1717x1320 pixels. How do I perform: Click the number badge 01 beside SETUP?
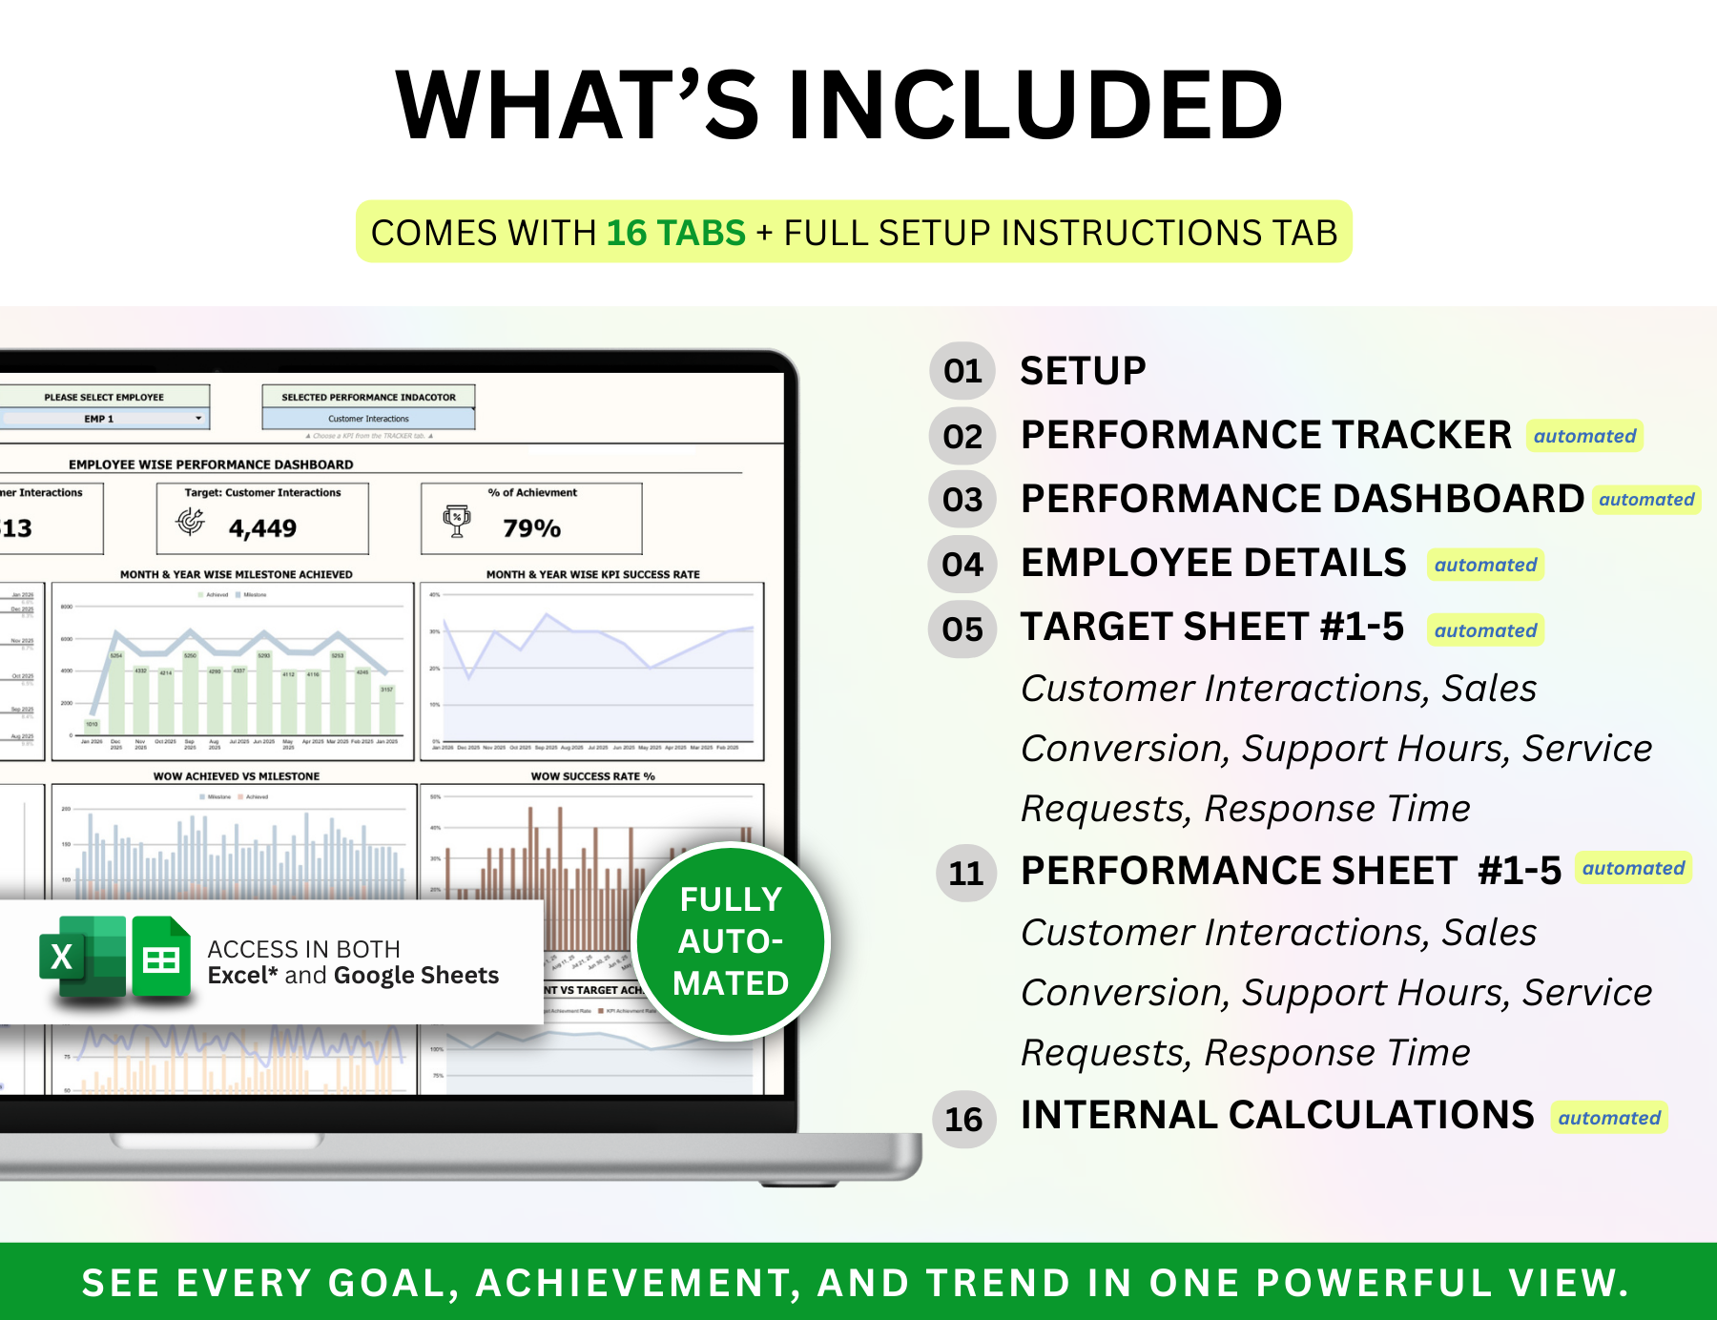pos(962,371)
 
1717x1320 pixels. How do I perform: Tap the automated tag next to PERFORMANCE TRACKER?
pos(1584,436)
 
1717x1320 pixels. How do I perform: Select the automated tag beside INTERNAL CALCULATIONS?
pos(1609,1118)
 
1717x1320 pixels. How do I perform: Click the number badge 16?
pos(963,1119)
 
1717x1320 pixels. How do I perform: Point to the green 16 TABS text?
pos(675,233)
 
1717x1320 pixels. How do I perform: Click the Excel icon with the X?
pos(82,957)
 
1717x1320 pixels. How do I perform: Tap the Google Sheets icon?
pos(160,957)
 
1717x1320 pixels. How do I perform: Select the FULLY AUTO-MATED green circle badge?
pos(731,941)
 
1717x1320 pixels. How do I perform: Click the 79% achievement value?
pos(531,527)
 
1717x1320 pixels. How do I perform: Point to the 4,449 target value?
pos(262,527)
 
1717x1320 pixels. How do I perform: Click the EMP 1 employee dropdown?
pos(105,419)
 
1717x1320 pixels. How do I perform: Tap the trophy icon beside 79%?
pos(457,521)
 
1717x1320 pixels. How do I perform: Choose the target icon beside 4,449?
pos(191,521)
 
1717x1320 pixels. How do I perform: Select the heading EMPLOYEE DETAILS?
pos(1213,563)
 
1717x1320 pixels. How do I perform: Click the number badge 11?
pos(965,873)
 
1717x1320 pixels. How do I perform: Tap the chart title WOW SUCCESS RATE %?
pos(592,776)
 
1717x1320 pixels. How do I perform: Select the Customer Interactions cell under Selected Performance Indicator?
pos(368,419)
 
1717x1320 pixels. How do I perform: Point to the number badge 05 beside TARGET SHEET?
pos(962,629)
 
